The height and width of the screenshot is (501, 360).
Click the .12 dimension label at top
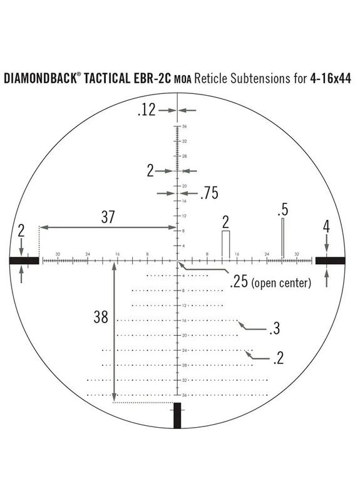coord(146,111)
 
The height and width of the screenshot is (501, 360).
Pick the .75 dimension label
coord(208,194)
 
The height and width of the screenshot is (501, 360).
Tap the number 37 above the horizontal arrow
coord(108,217)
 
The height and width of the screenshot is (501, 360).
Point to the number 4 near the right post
coord(326,226)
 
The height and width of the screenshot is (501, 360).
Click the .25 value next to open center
coord(239,282)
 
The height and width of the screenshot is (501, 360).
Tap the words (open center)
coord(281,283)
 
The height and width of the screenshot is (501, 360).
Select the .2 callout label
coord(279,358)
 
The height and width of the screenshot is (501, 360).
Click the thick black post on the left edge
coord(24,260)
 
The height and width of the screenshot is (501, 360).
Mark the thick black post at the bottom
coord(177,416)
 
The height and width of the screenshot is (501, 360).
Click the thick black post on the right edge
coord(330,260)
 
